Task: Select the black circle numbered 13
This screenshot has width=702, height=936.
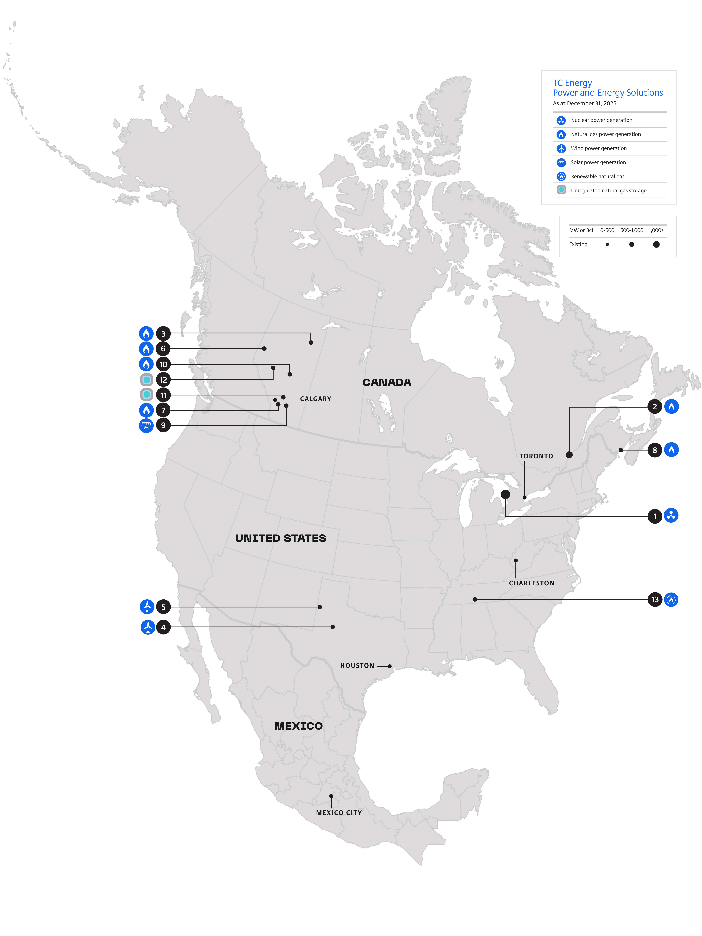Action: click(655, 600)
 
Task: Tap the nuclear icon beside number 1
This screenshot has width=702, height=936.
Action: click(671, 516)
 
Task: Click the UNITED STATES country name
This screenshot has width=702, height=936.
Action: click(281, 538)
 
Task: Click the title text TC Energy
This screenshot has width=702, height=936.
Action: click(572, 83)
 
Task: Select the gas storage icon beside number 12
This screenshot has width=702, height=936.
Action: click(146, 380)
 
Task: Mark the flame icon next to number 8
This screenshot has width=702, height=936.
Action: click(671, 450)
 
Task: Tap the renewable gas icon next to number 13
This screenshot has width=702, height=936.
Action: click(671, 600)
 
